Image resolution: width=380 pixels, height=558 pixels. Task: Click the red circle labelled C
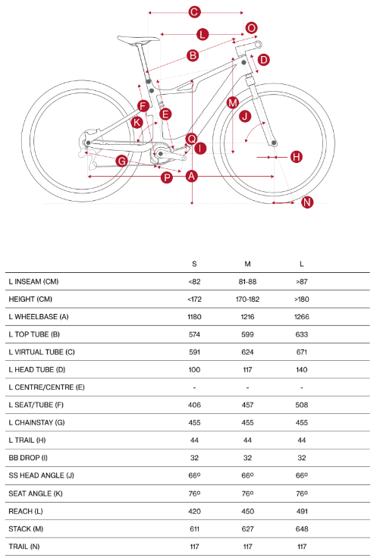pos(194,12)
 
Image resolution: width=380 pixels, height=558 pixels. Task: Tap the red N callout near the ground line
pos(307,202)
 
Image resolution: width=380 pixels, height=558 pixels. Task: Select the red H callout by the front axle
pos(297,157)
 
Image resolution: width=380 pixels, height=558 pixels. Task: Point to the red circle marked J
pos(245,116)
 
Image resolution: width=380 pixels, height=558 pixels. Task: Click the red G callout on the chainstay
pos(122,161)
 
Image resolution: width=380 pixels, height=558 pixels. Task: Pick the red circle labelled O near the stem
pos(251,28)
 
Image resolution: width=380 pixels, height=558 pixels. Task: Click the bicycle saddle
pos(139,39)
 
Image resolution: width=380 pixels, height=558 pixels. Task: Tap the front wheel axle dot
pos(274,143)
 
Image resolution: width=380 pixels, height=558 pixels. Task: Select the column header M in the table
pos(247,264)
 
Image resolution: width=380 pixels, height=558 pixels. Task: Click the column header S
pos(194,264)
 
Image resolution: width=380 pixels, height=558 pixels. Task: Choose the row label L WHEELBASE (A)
pos(39,317)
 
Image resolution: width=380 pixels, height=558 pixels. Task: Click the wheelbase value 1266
pos(302,317)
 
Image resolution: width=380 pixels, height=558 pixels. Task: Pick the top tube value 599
pos(247,334)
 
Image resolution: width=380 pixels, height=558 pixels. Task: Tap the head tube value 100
pos(194,370)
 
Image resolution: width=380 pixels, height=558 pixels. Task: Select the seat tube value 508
pos(302,405)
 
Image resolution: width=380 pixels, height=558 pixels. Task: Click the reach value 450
pos(247,512)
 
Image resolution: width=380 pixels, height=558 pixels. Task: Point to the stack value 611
pos(194,529)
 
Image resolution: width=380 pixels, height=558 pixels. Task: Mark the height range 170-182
pos(247,299)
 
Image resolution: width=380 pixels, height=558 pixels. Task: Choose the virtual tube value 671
pos(302,352)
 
